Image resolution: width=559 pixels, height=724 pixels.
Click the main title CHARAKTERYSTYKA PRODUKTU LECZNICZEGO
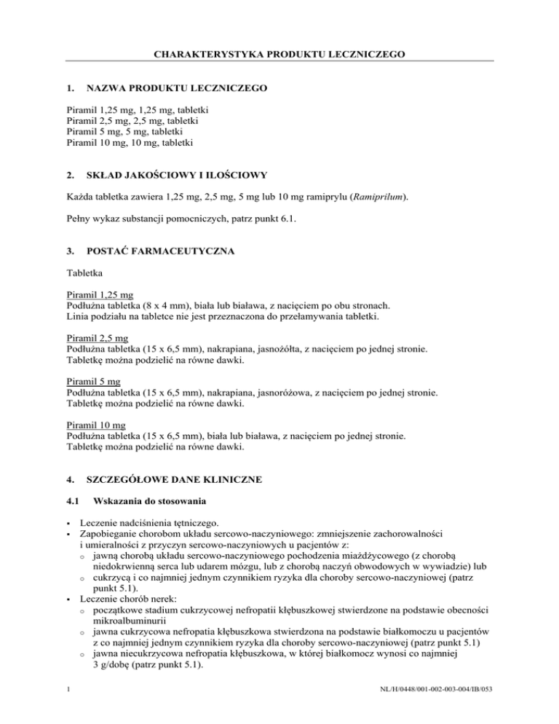coord(279,53)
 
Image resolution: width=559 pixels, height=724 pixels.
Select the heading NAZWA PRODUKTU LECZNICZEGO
coord(176,88)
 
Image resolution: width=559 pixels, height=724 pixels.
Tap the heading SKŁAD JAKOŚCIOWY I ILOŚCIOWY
coord(178,176)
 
